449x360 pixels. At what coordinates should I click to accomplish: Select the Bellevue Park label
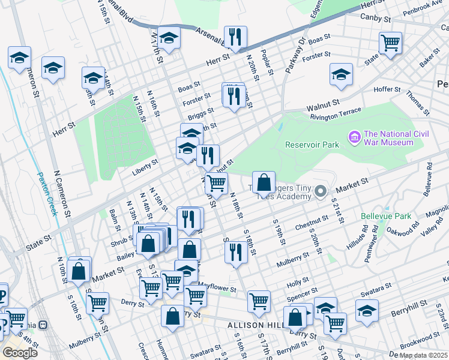386,216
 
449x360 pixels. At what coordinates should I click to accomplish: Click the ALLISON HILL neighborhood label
252,325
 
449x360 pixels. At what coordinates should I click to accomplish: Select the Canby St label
376,19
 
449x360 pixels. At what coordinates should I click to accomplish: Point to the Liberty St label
145,162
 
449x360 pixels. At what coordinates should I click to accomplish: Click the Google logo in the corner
20,352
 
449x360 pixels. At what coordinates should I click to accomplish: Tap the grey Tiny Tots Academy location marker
321,192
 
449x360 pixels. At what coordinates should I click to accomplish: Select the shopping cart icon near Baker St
390,43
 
